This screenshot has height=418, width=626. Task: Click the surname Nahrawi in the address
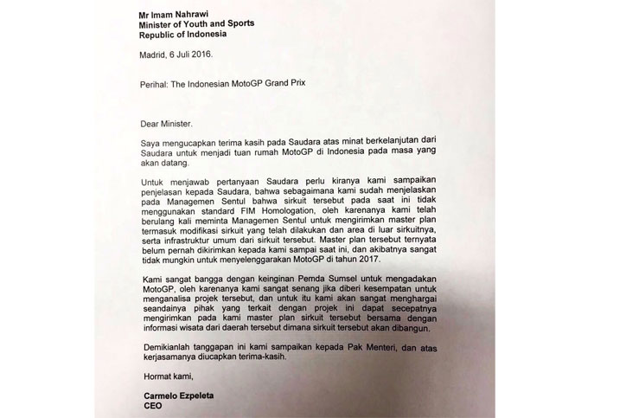(199, 12)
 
